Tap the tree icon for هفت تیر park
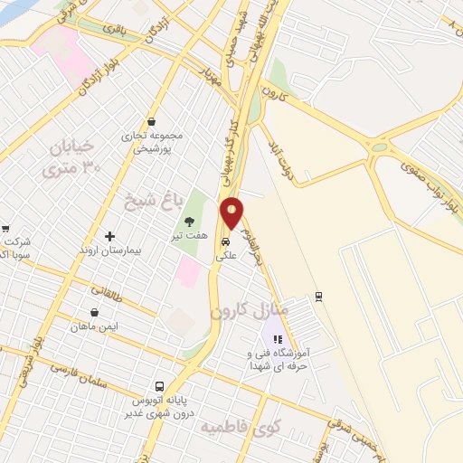189,221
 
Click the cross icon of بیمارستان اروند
110,236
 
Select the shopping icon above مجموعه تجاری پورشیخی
151,121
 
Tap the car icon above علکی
225,242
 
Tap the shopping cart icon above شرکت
5,229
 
